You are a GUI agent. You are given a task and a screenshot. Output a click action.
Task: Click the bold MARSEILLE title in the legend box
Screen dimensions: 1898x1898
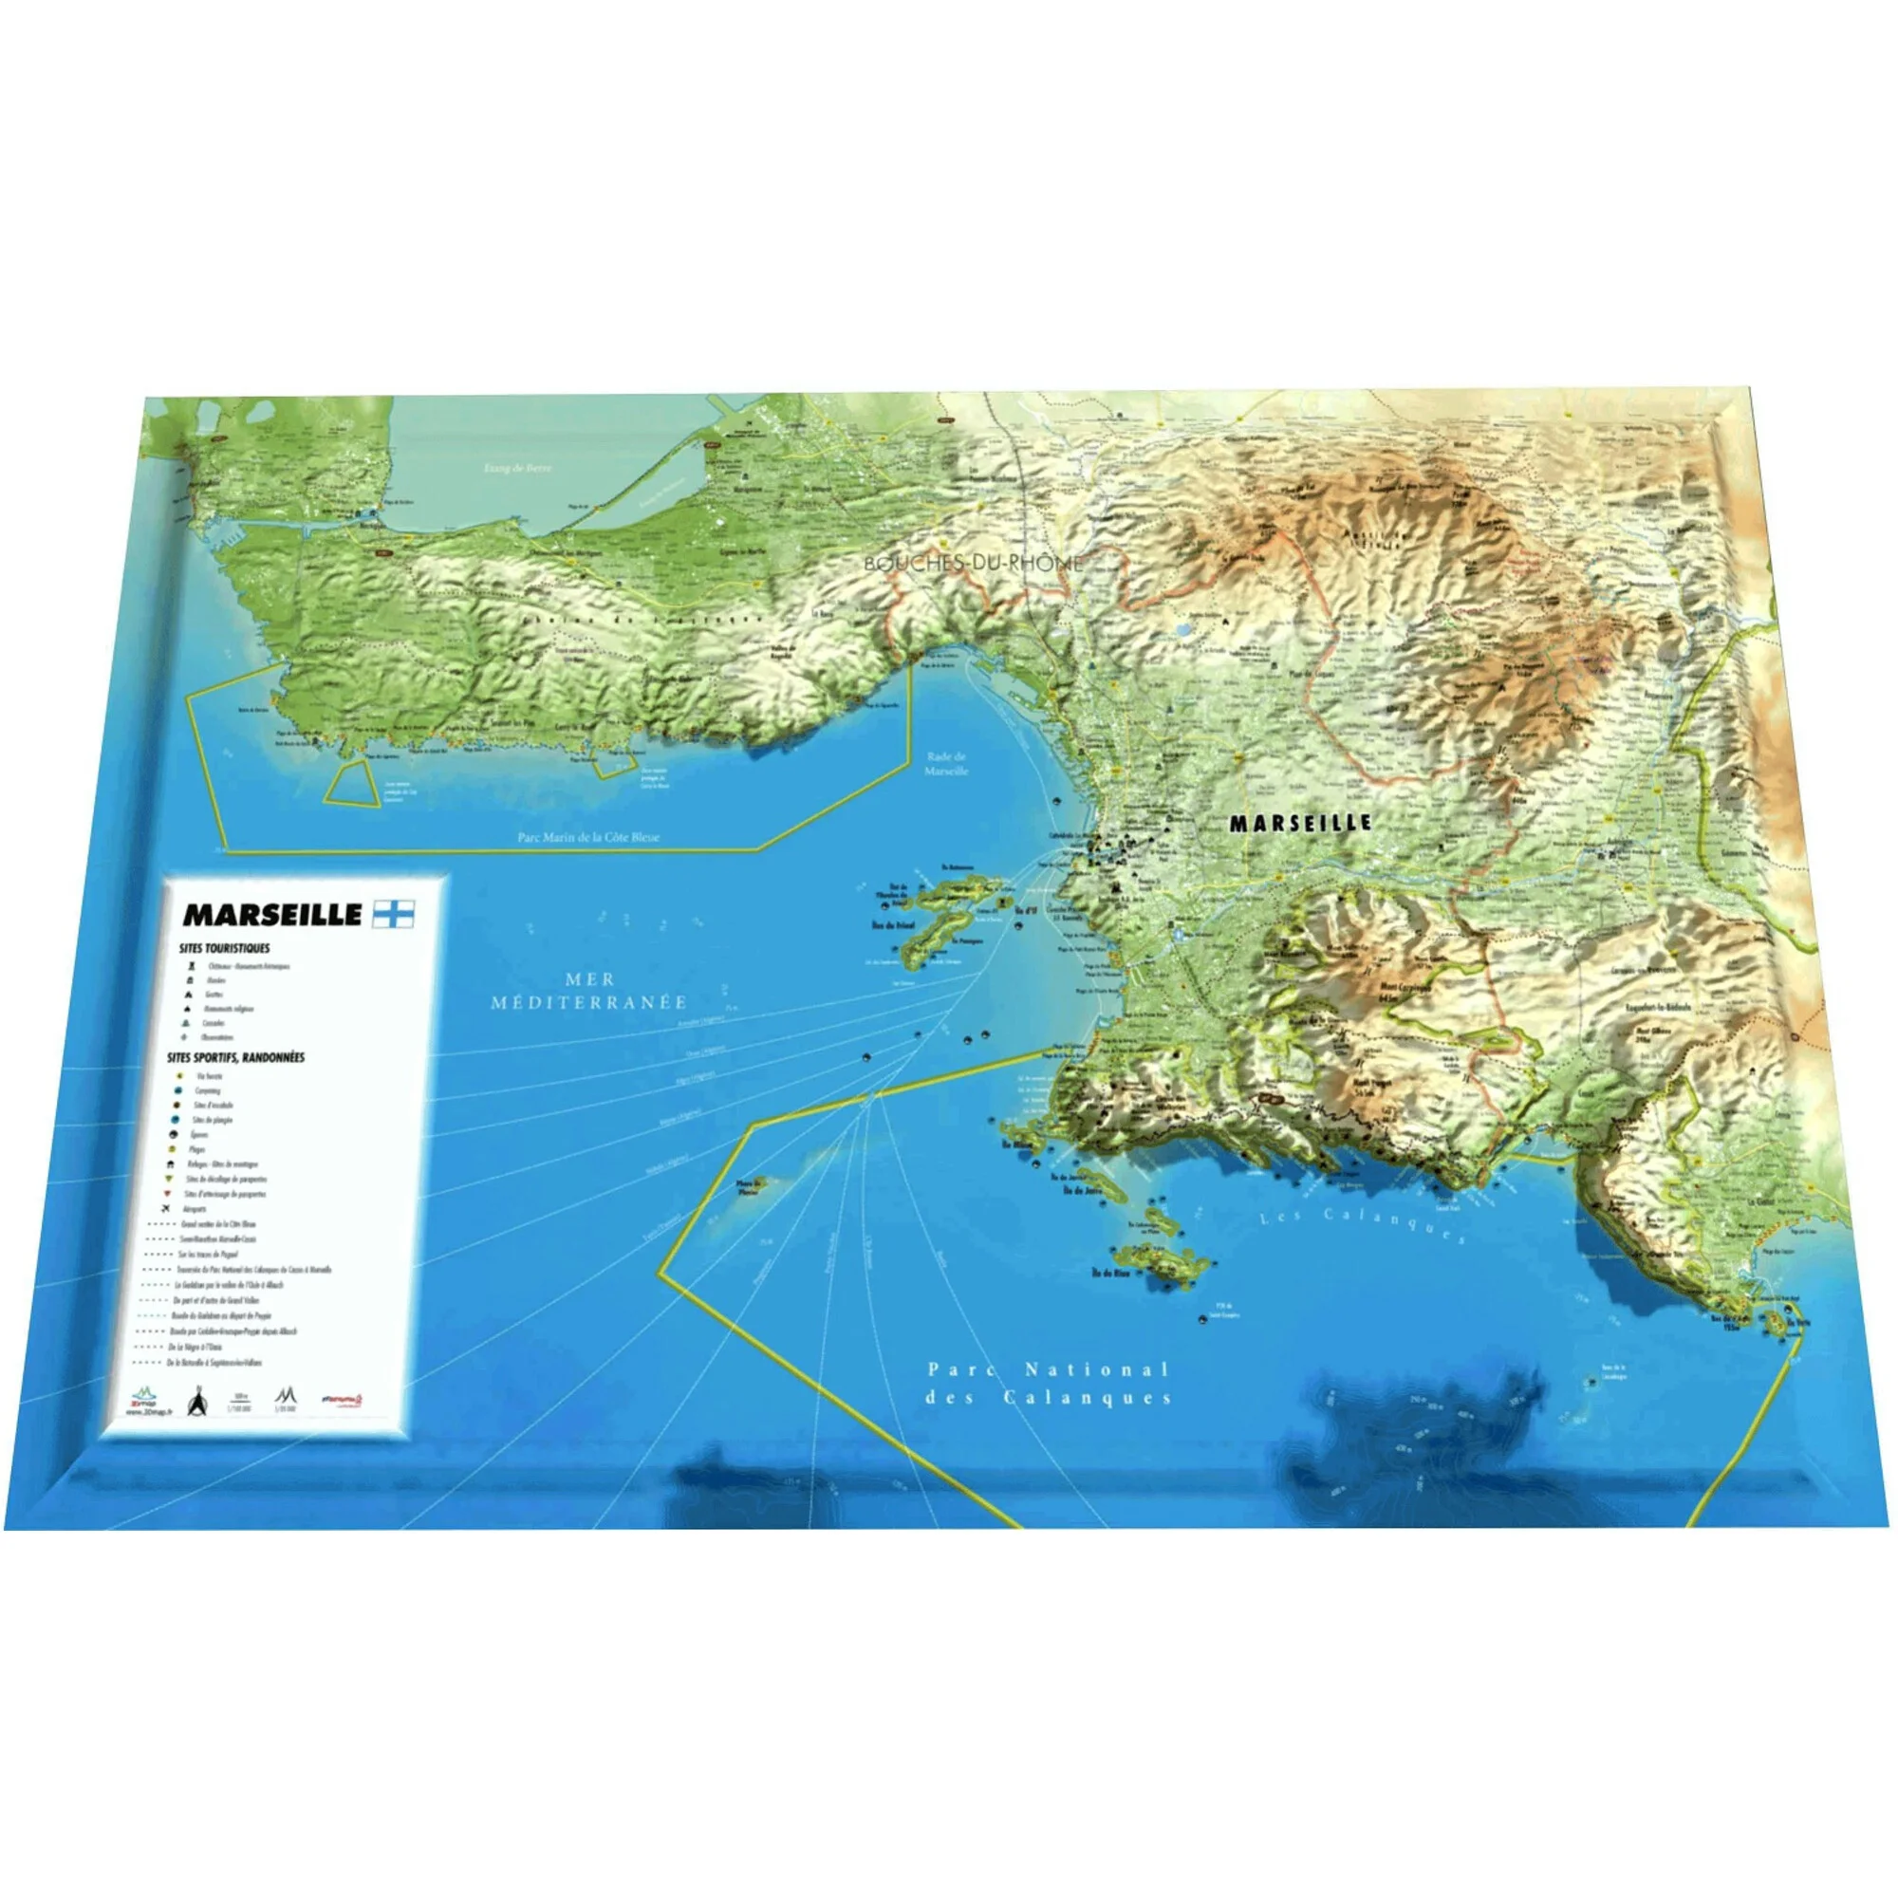tap(272, 915)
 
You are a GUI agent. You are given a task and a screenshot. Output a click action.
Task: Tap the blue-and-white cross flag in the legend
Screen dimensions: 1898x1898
tap(394, 914)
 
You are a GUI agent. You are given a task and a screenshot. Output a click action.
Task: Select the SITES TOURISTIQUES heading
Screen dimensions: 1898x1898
tap(224, 949)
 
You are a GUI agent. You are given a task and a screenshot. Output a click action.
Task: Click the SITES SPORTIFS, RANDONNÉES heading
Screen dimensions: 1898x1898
tap(235, 1058)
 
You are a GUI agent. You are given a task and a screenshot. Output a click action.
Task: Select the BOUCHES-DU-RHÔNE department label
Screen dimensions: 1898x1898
tap(973, 564)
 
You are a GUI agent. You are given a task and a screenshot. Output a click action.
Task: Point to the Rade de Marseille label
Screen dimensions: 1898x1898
tap(946, 763)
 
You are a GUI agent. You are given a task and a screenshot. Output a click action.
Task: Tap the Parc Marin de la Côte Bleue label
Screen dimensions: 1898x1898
tap(588, 838)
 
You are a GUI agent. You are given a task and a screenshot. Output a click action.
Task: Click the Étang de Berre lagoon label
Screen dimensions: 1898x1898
tap(518, 468)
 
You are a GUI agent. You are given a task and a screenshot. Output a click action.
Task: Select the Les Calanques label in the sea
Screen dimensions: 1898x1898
tap(1362, 1225)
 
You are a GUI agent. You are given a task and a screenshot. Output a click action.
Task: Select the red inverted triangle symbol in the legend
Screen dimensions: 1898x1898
tap(169, 1194)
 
